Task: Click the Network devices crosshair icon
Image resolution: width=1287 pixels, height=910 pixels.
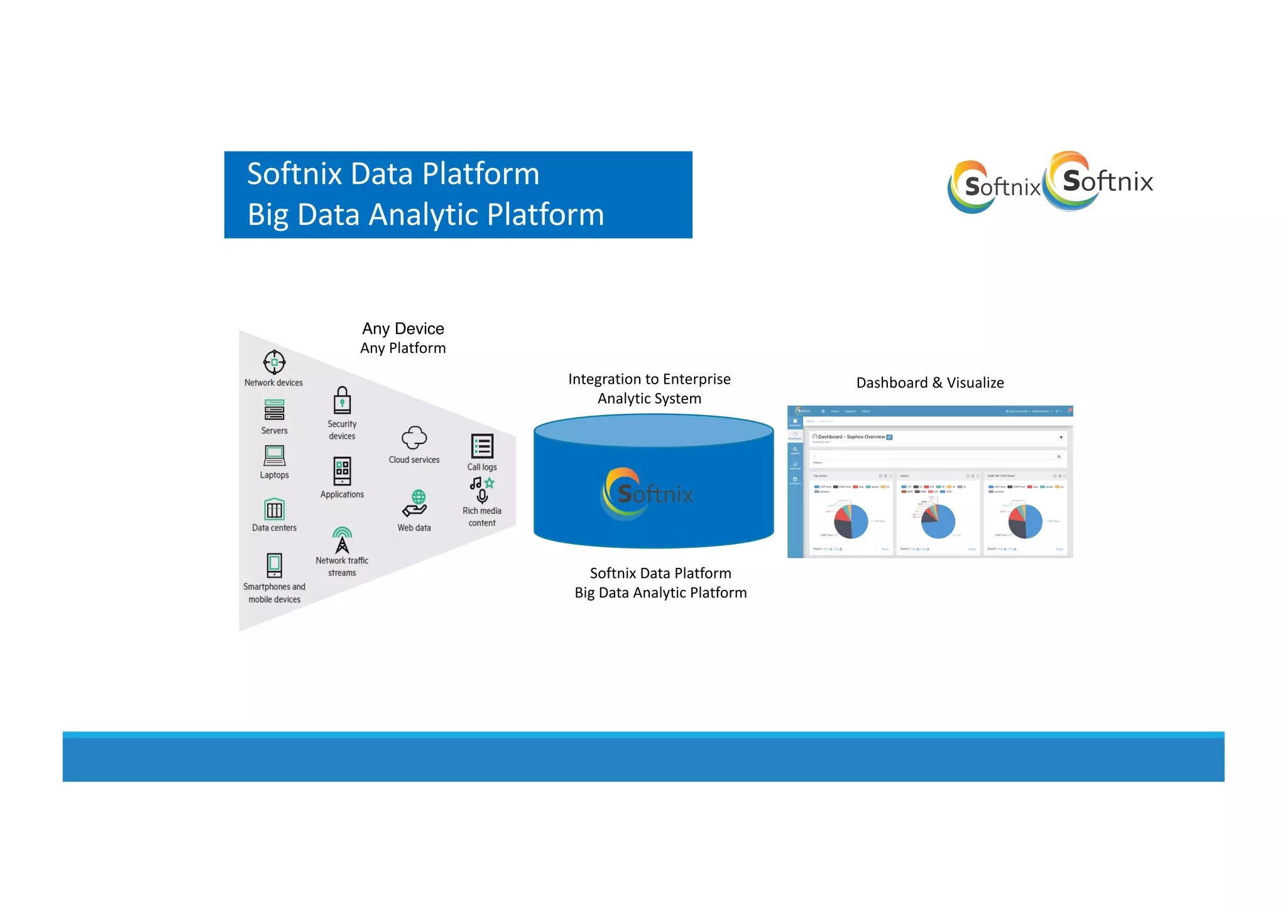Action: [274, 362]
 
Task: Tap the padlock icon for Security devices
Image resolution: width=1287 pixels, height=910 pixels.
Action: [342, 400]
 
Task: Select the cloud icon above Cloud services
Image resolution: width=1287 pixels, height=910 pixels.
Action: [414, 437]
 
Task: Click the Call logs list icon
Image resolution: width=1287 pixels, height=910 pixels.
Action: [482, 446]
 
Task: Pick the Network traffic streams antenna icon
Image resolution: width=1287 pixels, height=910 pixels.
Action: [342, 540]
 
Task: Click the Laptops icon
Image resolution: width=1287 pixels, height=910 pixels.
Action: [275, 455]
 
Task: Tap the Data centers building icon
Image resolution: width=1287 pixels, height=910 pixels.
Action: [275, 508]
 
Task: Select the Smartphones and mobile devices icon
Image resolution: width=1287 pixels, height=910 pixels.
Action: [275, 565]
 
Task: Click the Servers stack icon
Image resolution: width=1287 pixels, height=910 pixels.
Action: [275, 411]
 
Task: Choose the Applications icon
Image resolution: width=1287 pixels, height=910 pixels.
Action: [342, 470]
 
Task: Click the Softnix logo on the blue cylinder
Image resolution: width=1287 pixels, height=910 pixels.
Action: [647, 494]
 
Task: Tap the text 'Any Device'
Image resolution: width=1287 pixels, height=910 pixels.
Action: [403, 328]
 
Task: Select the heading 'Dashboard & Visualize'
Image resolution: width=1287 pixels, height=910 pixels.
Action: [929, 382]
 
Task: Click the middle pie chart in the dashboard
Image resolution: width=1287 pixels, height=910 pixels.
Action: [938, 521]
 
